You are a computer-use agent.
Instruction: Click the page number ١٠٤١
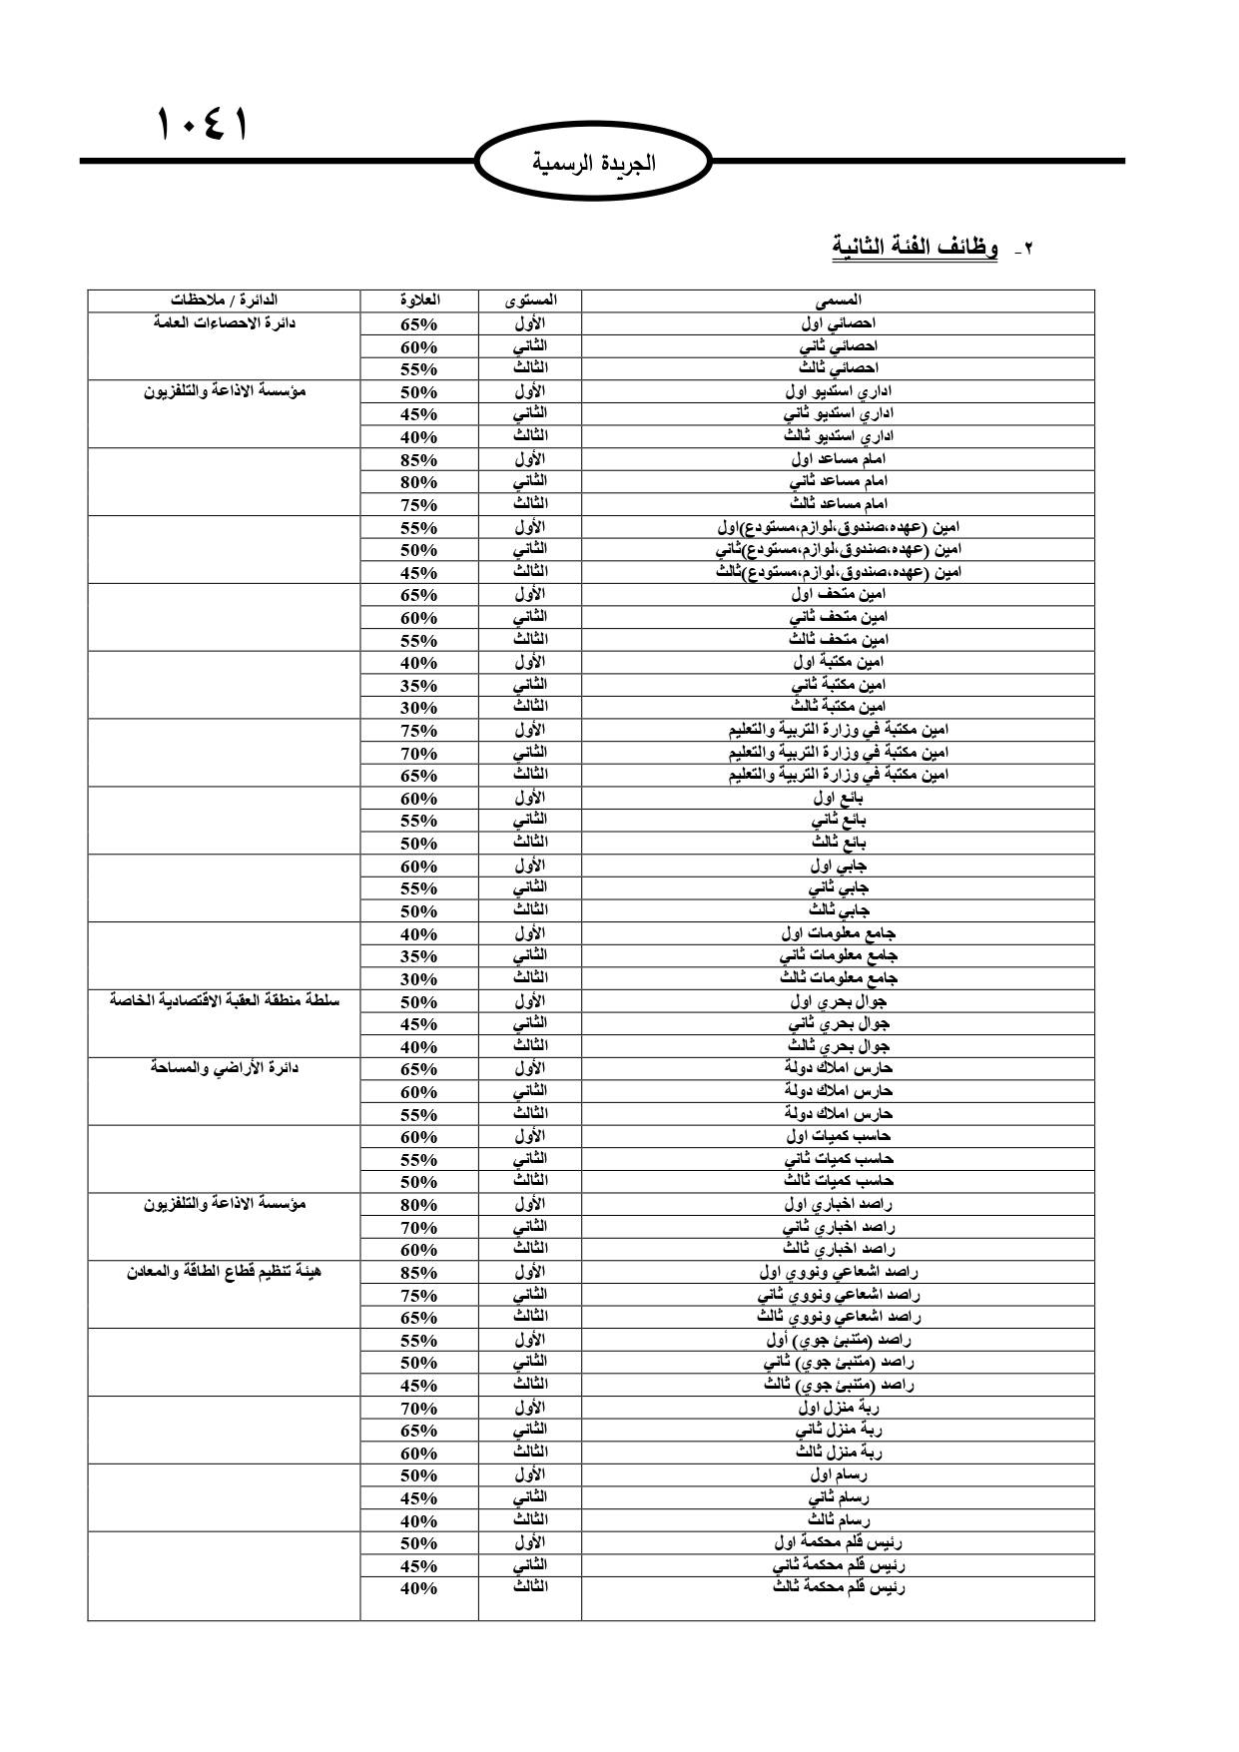[x=201, y=126]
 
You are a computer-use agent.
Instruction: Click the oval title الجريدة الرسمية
[x=594, y=163]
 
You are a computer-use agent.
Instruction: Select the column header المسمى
[x=838, y=299]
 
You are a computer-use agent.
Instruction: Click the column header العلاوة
[x=419, y=299]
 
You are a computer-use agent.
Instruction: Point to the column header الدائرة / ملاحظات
[x=224, y=299]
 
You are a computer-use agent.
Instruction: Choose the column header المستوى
[x=529, y=299]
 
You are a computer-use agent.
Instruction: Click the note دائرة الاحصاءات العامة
[x=224, y=322]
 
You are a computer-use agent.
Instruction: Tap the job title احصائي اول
[x=838, y=323]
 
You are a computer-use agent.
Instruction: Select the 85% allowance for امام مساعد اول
[x=419, y=460]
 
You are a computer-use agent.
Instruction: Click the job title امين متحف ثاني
[x=838, y=617]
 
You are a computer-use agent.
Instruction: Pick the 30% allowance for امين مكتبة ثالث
[x=419, y=708]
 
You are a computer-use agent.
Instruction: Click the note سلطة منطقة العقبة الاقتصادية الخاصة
[x=224, y=1000]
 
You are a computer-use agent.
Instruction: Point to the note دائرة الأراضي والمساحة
[x=224, y=1068]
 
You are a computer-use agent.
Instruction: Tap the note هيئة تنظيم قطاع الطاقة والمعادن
[x=224, y=1272]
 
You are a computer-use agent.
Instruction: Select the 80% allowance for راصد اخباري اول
[x=419, y=1205]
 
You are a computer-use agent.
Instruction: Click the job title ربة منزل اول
[x=838, y=1409]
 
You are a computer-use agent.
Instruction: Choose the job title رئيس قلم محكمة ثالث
[x=838, y=1587]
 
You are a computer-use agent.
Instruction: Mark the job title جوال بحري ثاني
[x=838, y=1024]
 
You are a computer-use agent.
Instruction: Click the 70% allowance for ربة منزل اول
[x=419, y=1409]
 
